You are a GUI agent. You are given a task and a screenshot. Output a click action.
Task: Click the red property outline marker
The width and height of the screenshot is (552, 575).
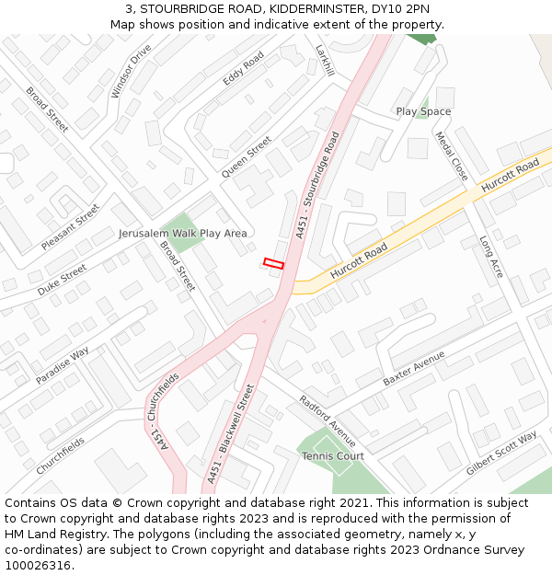pos(273,264)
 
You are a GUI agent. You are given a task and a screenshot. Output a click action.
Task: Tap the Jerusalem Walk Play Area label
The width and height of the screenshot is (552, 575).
pos(182,234)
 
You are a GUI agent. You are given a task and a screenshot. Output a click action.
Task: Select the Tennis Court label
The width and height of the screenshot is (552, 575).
pos(333,455)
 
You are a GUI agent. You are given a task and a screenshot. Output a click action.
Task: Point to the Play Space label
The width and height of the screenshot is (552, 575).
pos(423,111)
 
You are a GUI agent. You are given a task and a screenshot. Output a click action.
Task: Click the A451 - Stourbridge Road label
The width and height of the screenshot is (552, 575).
pos(318,185)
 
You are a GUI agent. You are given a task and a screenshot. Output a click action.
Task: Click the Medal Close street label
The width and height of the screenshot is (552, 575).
pos(452,155)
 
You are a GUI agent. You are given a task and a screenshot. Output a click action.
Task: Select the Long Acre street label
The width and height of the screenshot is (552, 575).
pos(491,257)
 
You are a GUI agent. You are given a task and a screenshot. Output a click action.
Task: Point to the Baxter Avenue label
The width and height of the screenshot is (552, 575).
pos(414,367)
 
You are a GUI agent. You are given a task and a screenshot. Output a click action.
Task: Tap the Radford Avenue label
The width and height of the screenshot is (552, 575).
pos(327,420)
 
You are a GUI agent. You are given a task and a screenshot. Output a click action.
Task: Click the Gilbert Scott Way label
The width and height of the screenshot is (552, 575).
pos(501,453)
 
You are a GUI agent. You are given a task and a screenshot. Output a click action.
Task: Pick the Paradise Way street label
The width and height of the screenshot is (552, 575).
pos(63,365)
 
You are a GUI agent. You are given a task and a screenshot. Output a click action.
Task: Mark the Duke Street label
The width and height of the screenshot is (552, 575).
pos(62,280)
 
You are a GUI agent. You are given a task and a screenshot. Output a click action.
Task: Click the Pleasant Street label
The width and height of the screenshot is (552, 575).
pos(70,227)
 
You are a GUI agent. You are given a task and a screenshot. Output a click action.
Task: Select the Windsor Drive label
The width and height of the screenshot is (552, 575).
pos(131,70)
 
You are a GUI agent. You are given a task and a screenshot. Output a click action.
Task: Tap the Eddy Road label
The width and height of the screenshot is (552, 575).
pos(244,68)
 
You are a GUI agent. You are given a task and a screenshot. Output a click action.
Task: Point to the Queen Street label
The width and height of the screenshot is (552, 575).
pos(247,156)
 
